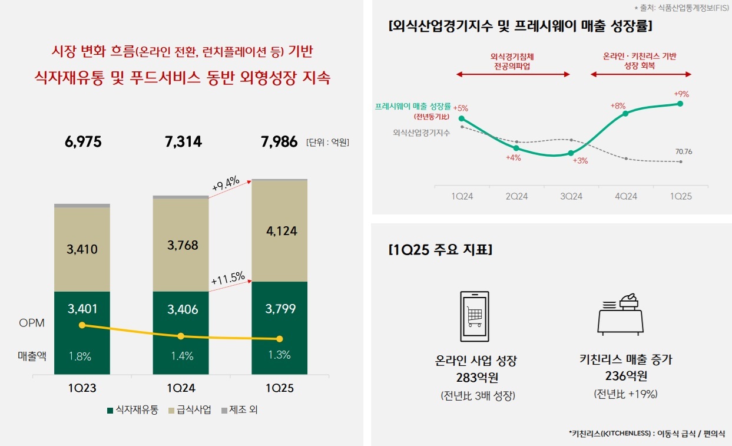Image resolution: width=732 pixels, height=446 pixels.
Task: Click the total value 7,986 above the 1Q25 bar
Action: (x=279, y=142)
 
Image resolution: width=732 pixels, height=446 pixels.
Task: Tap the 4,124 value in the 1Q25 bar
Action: (x=279, y=231)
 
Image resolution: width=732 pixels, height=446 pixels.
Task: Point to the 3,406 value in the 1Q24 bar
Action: (x=181, y=309)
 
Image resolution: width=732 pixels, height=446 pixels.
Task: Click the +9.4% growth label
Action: (x=225, y=184)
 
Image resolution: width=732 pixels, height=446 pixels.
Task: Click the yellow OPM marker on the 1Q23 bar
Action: (x=82, y=325)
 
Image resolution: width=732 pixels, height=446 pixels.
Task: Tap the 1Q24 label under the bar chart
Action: (x=181, y=389)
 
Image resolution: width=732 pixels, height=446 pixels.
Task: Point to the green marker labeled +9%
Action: (x=680, y=104)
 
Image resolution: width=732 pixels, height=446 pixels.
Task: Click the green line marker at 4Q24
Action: (x=625, y=114)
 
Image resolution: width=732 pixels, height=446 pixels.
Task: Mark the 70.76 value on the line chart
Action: (x=684, y=151)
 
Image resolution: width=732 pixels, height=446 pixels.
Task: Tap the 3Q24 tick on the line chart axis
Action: (x=571, y=196)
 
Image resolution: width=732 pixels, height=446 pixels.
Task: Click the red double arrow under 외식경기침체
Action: (x=513, y=74)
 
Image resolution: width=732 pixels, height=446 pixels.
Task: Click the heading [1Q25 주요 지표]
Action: (x=440, y=250)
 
